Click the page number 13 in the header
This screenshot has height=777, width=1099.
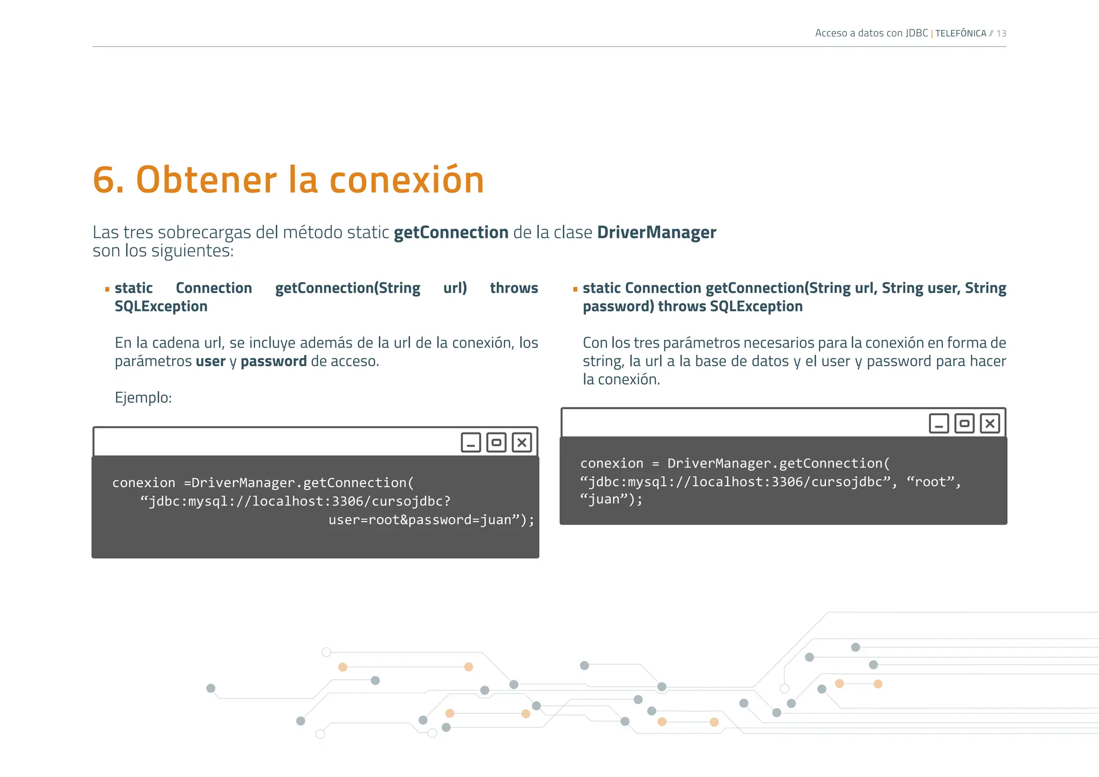[x=1001, y=33]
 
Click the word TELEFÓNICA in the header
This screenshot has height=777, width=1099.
[x=961, y=33]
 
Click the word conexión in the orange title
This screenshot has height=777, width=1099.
[x=407, y=180]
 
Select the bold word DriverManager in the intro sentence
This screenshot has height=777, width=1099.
[x=656, y=232]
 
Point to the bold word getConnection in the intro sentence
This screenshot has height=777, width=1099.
[x=451, y=232]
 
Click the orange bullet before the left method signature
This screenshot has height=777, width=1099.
[x=107, y=289]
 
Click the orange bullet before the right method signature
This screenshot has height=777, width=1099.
[x=575, y=289]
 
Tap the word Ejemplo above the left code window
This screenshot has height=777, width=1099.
[x=142, y=398]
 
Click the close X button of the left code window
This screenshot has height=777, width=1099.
[x=522, y=443]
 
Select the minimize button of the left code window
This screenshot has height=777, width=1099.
[x=471, y=443]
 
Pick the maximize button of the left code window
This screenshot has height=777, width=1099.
[x=496, y=443]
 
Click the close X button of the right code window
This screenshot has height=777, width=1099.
[x=990, y=423]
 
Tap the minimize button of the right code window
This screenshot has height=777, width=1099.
[x=939, y=423]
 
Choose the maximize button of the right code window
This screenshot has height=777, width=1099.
[x=964, y=423]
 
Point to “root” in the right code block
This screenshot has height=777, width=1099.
[x=932, y=482]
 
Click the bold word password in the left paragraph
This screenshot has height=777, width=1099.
[x=274, y=362]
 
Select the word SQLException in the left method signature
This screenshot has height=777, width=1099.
[x=161, y=306]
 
